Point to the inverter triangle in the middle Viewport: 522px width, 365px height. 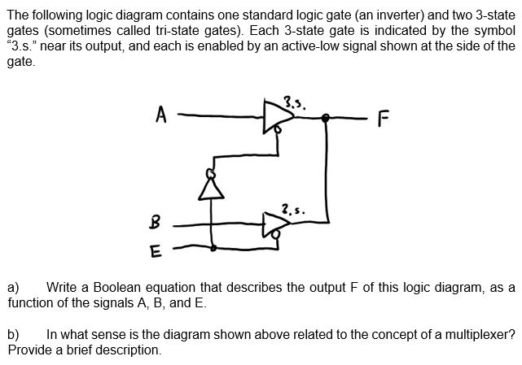214,189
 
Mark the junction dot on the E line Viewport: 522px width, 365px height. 213,248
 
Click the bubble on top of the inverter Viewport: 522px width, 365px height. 214,172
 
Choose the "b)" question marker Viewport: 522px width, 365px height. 14,334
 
